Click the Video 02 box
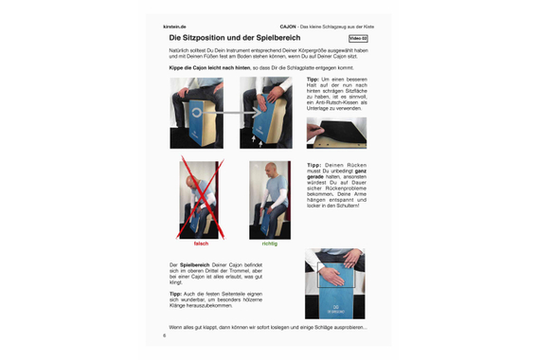click(358, 39)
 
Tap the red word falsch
click(201, 243)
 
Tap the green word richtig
click(269, 243)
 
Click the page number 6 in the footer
click(164, 334)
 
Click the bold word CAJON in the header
click(288, 26)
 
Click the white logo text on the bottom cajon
click(332, 309)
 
